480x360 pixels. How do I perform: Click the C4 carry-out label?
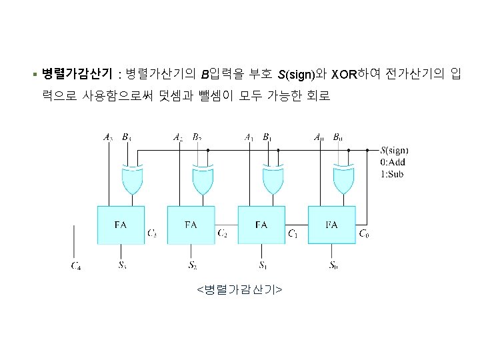(x=77, y=266)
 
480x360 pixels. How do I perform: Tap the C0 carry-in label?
(x=364, y=233)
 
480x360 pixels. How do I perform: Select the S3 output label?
(x=122, y=265)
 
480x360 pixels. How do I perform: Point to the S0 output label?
(x=333, y=265)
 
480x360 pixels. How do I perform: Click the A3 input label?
(x=108, y=137)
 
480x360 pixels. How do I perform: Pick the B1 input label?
(x=267, y=137)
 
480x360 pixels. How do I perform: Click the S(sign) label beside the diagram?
(x=395, y=150)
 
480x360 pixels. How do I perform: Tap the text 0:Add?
(x=392, y=162)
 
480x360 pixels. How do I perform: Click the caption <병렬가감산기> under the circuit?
(x=239, y=289)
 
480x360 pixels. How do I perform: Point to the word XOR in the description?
(x=344, y=73)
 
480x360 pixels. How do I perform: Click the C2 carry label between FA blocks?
(x=223, y=233)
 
